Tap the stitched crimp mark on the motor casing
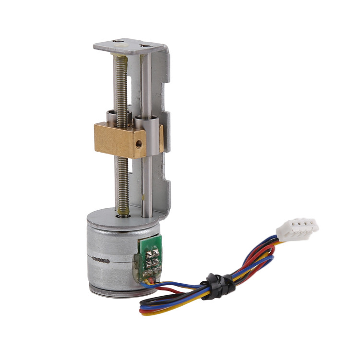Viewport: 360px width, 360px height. tap(102, 261)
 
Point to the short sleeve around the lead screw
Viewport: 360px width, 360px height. tap(111, 117)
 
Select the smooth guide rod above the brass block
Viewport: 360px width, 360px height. tap(147, 86)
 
